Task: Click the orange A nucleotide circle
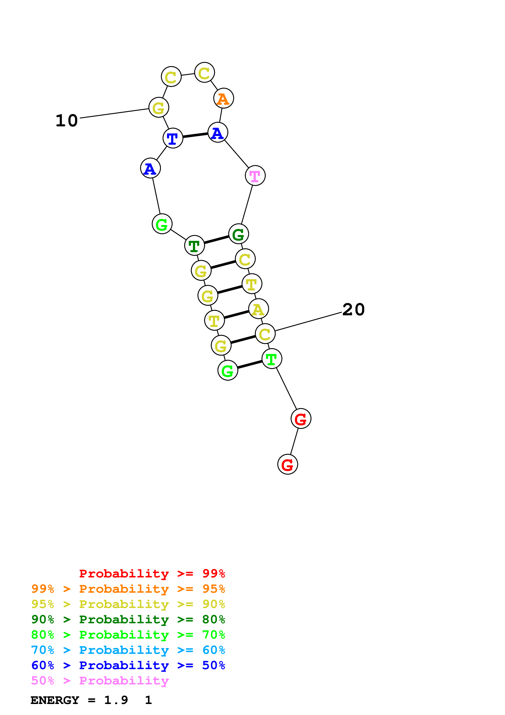click(223, 98)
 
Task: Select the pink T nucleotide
click(255, 176)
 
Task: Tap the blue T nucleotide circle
click(173, 138)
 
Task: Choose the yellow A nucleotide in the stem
click(258, 309)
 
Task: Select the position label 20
click(353, 310)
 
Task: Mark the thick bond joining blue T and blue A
click(195, 135)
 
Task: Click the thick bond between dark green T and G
click(216, 240)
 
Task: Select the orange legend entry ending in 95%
click(128, 589)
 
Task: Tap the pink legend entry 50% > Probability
click(100, 680)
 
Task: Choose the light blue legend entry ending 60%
click(128, 650)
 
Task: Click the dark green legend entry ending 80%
click(128, 619)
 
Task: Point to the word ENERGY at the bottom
click(55, 700)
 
